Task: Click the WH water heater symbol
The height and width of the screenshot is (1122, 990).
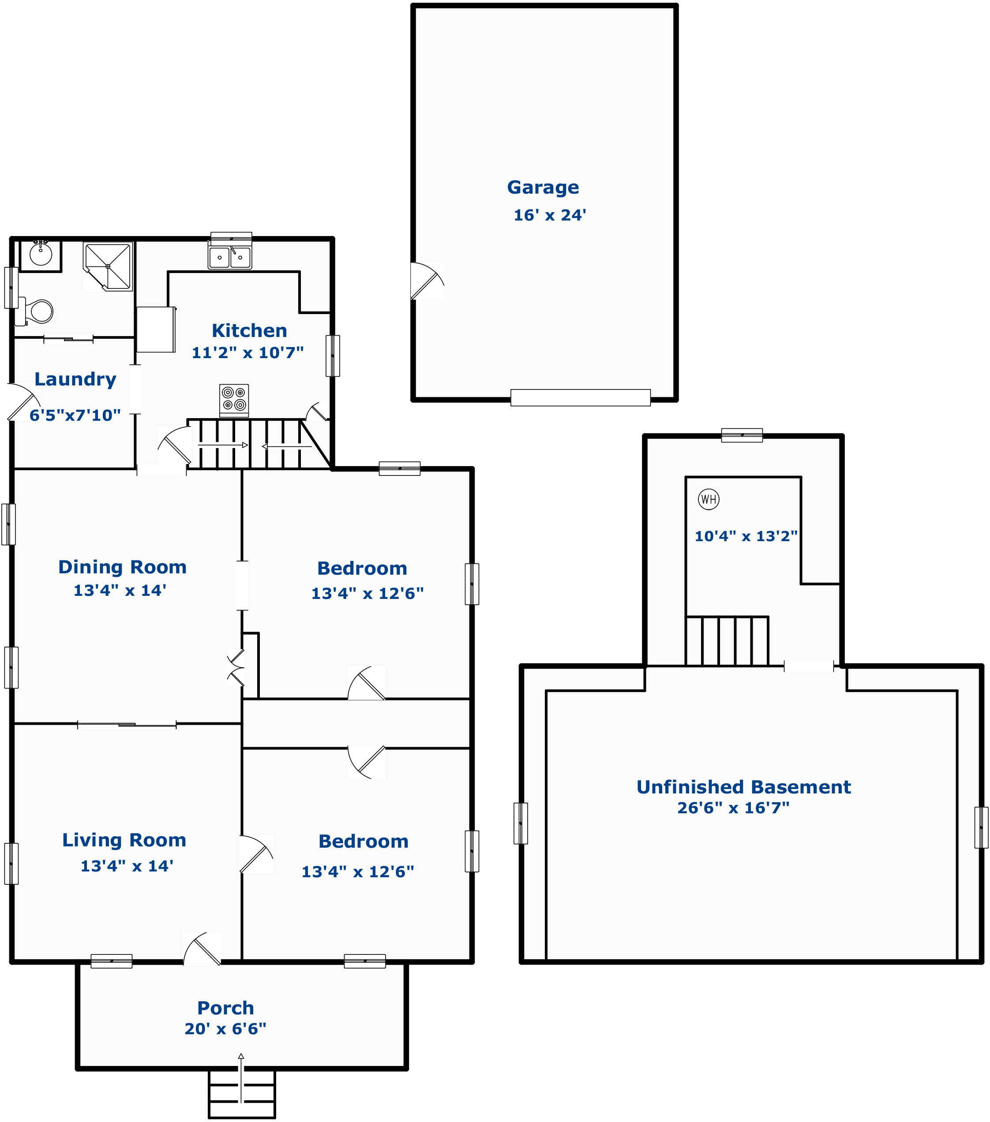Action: pos(709,499)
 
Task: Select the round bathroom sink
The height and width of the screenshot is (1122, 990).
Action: pos(41,254)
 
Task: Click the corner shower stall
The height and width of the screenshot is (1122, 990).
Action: pos(108,266)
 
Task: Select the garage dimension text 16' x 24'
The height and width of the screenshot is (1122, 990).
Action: pos(550,215)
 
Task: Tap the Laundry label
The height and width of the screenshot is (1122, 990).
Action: pos(75,379)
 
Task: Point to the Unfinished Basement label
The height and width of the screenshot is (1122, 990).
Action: pos(743,787)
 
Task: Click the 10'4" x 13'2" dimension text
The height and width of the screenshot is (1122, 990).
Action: pos(746,536)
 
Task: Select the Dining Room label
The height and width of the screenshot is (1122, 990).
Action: pos(123,567)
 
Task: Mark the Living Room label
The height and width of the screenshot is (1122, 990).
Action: pos(124,841)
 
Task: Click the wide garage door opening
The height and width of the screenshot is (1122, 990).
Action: pos(581,398)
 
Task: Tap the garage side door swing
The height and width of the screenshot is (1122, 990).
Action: pos(427,280)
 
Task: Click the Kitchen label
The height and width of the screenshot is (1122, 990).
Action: pos(249,330)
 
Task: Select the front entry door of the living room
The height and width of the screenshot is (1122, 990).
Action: pos(202,949)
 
